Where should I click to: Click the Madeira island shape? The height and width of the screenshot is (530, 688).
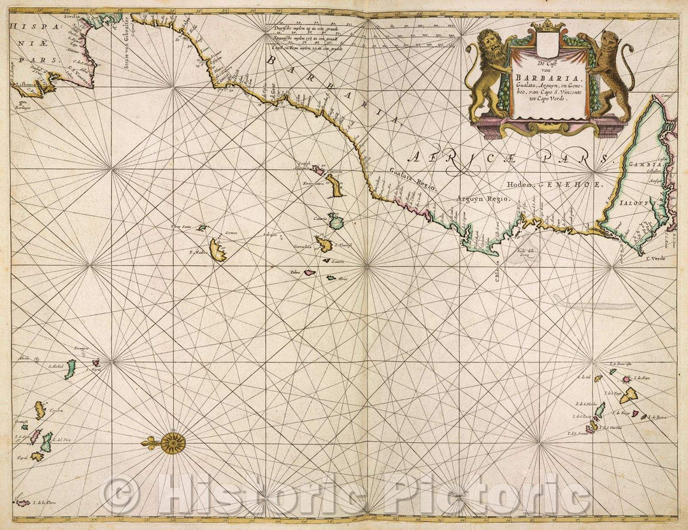219,250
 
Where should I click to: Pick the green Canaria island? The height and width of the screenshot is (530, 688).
335,221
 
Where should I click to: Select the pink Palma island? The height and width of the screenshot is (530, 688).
310,272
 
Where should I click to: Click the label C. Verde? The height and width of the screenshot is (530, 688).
655,258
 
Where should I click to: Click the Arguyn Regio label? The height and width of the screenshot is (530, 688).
484,199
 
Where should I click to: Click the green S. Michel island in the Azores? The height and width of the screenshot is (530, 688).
69,369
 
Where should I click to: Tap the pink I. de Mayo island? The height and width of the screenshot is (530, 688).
626,380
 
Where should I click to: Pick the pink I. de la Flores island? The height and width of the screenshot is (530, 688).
23,503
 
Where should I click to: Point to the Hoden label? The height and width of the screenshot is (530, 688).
518,185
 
